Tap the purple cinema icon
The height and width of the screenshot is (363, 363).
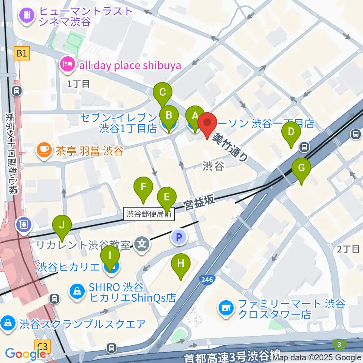28,15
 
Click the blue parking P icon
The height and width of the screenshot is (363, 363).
180,237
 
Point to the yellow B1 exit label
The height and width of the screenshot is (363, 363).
22,54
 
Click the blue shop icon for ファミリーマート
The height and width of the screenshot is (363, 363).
226,308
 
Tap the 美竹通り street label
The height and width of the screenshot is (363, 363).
230,147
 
